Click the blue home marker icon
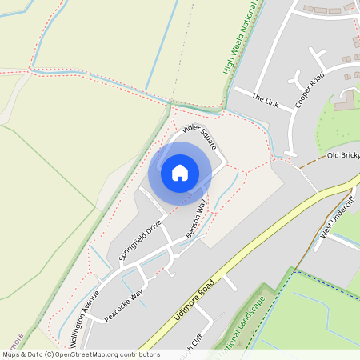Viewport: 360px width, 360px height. tap(180, 172)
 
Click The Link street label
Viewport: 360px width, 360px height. tap(264, 100)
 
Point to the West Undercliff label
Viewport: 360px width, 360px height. tap(336, 223)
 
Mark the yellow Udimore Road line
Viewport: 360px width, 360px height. tap(264, 248)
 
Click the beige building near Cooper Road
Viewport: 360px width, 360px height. tap(346, 102)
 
